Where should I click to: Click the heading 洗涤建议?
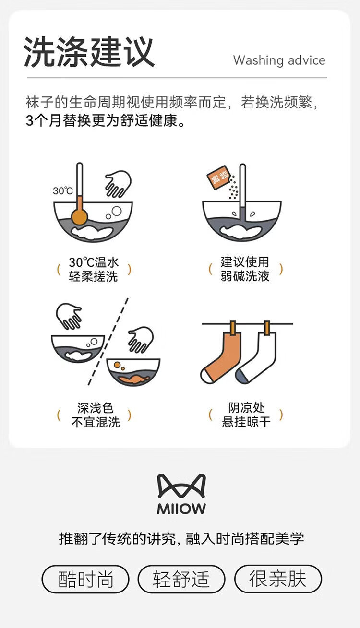[x=89, y=52]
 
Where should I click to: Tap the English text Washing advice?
[x=279, y=60]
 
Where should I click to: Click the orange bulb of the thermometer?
[x=79, y=216]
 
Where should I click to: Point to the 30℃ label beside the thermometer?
[x=62, y=191]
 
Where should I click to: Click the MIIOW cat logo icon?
[x=181, y=486]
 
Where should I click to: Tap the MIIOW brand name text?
[x=181, y=509]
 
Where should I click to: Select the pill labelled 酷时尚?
[x=85, y=579]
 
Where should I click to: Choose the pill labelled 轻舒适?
[x=181, y=579]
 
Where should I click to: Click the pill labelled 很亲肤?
[x=278, y=579]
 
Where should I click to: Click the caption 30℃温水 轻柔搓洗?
[x=94, y=270]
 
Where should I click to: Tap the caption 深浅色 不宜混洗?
[x=96, y=415]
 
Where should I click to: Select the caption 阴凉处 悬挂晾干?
[x=246, y=415]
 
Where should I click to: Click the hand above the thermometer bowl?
[x=118, y=184]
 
